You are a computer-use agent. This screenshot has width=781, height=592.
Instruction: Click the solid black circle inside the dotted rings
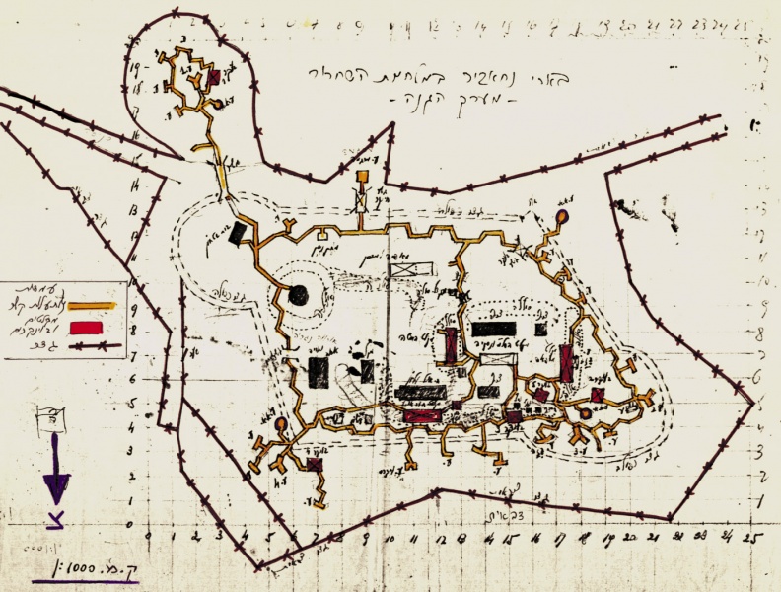(298, 294)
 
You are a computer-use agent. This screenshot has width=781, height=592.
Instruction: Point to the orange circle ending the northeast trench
(561, 216)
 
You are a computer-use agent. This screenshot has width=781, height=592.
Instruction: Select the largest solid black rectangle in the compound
(494, 330)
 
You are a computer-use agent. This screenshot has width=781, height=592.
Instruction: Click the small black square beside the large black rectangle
(540, 328)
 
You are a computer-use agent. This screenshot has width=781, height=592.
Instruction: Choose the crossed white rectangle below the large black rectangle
(493, 360)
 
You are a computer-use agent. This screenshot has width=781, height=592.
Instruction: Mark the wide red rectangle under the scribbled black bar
(420, 416)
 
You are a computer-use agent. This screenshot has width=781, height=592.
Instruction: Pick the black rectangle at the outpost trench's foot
(237, 234)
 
